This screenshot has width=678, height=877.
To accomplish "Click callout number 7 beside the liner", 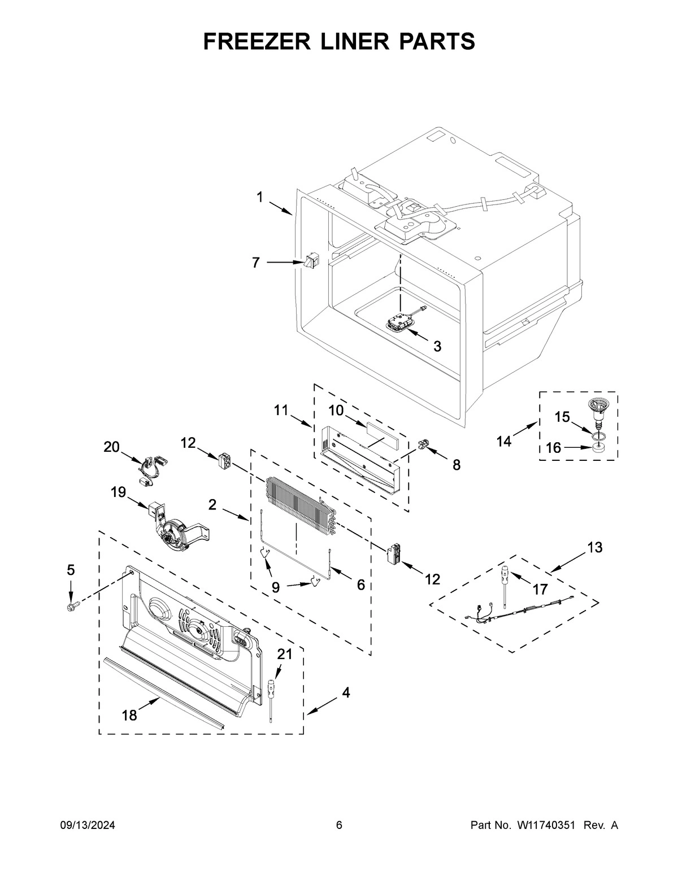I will coord(256,263).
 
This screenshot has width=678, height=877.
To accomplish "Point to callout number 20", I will coord(111,447).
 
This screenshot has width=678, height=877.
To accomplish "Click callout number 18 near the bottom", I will coord(129,715).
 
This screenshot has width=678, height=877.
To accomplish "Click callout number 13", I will coord(594,547).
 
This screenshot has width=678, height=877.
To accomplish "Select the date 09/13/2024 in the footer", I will coord(88,826).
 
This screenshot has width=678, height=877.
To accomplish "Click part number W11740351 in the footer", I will coord(546,826).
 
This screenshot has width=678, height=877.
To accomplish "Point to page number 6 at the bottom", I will coord(339,826).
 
